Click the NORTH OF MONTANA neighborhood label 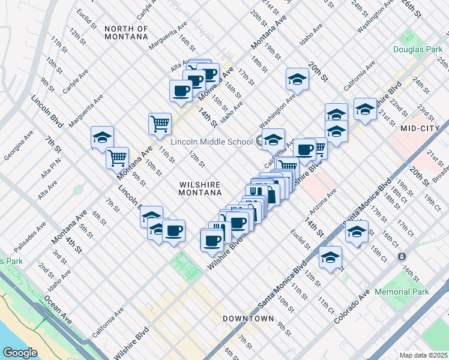(x=125, y=32)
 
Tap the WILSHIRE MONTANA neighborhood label (x=200, y=188)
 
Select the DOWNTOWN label (x=248, y=318)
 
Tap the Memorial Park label (x=402, y=292)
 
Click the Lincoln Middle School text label (x=211, y=142)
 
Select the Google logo (x=20, y=353)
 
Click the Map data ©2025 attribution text (x=423, y=355)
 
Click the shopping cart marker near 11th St (x=160, y=124)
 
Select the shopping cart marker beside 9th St (x=117, y=158)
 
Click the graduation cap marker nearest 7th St (x=102, y=137)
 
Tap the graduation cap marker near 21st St (x=364, y=109)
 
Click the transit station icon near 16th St (x=401, y=256)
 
